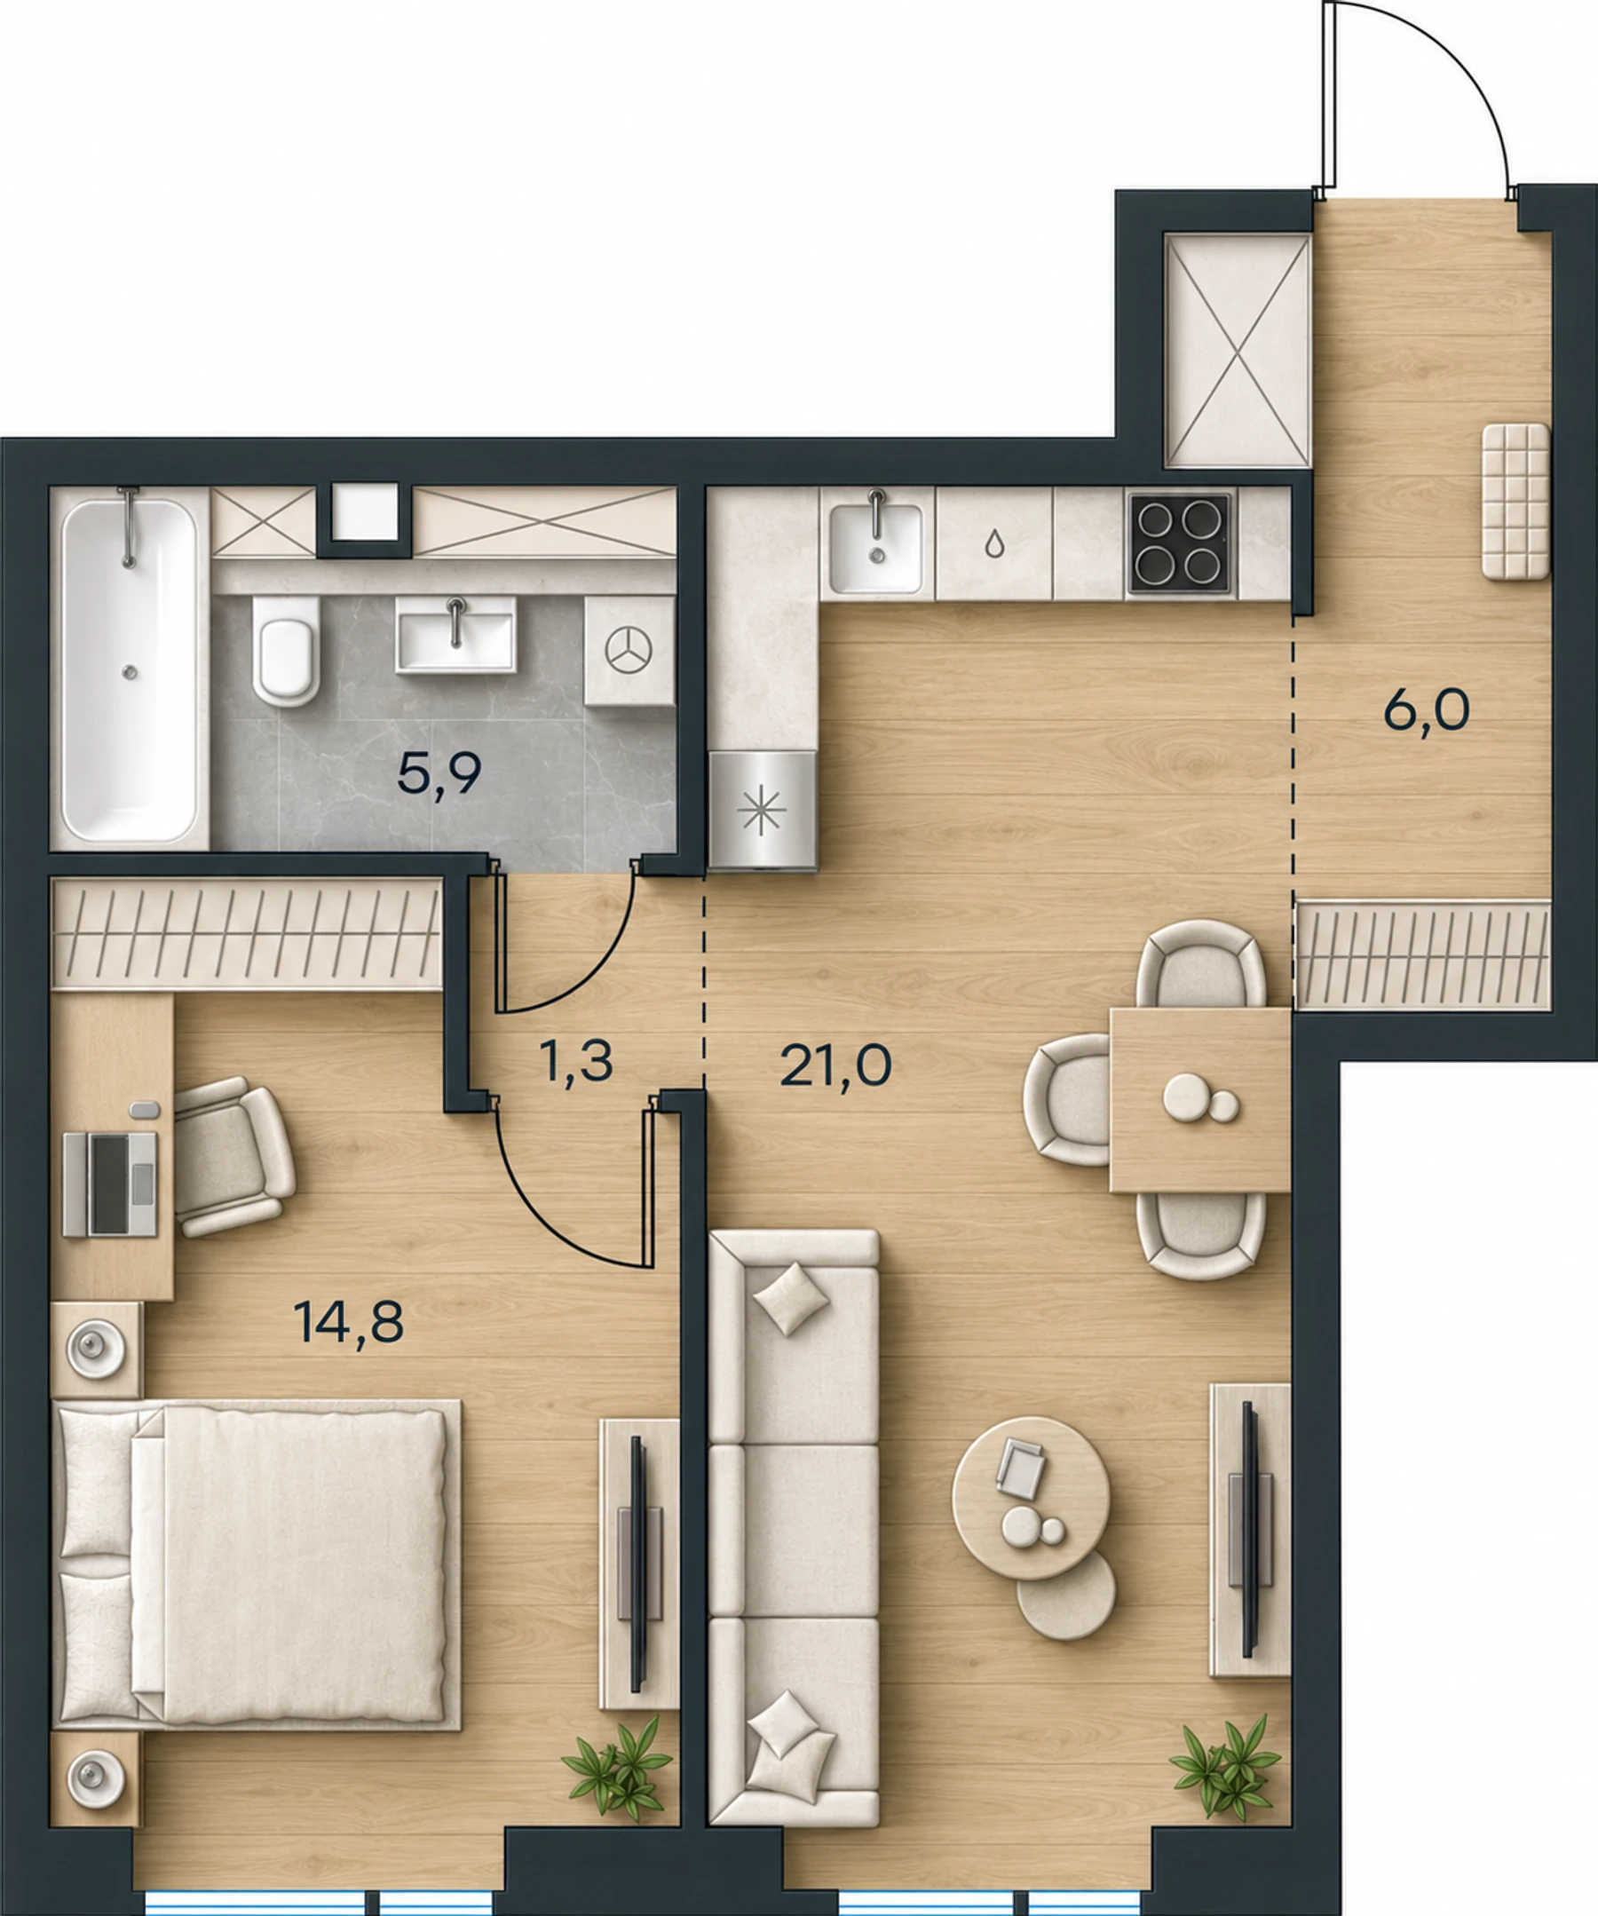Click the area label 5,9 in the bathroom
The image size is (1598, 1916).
click(439, 777)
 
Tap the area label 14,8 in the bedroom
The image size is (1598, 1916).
click(348, 1322)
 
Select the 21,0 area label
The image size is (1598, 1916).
click(835, 1065)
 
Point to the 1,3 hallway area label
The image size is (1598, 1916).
click(575, 1061)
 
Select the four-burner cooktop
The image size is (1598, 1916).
click(1180, 543)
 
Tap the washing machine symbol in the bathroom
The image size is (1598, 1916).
click(629, 651)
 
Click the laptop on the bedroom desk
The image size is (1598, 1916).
click(110, 1184)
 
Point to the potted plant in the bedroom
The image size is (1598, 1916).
click(618, 1767)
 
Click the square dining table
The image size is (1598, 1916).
click(1199, 1099)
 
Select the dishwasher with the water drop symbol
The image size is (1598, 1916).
click(994, 543)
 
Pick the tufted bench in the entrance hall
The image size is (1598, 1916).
click(1515, 501)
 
